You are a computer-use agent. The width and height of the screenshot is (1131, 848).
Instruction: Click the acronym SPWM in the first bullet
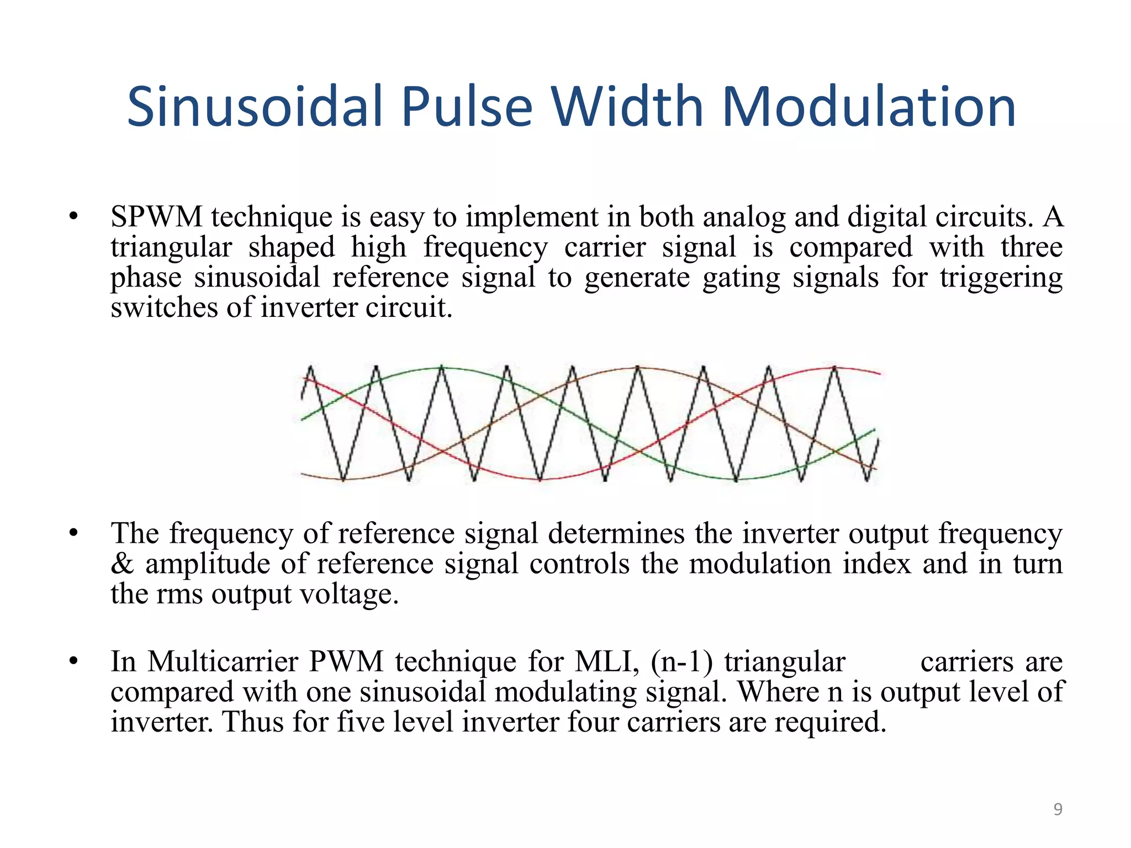[x=156, y=216]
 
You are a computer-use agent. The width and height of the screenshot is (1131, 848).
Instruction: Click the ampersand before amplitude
[x=122, y=564]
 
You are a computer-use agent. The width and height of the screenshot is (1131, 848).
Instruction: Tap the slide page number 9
[x=1058, y=809]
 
